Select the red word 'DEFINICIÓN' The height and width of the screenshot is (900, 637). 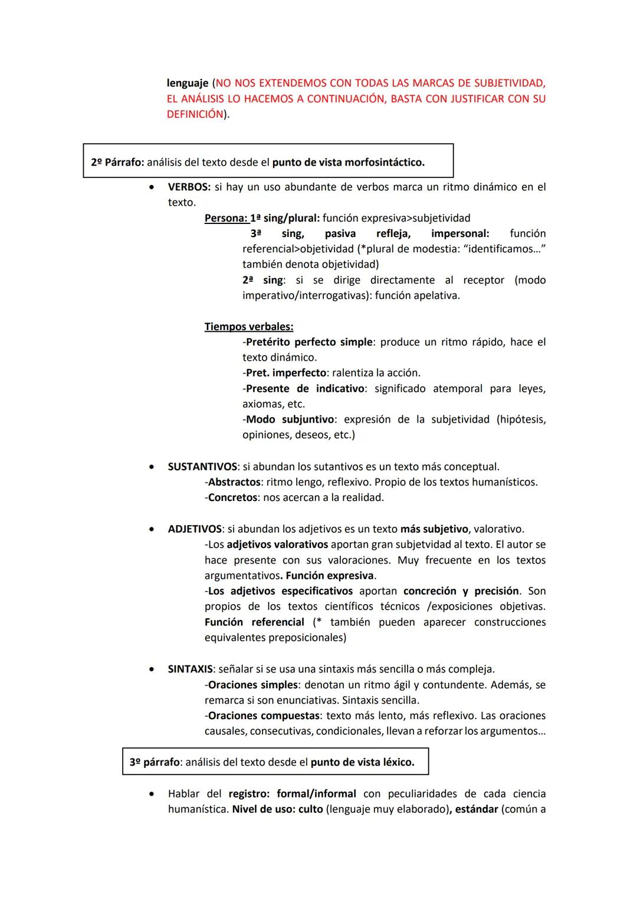coord(195,114)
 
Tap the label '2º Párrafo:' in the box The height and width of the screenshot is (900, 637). coord(117,162)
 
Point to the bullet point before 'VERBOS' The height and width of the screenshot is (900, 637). coord(153,187)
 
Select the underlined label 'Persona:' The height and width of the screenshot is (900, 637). coord(225,218)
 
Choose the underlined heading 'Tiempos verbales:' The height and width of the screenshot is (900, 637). coord(249,327)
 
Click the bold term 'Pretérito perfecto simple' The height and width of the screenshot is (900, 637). coord(309,342)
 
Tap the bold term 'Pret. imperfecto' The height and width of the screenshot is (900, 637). coord(285,373)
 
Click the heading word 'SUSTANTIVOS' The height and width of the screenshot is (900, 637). coord(202,467)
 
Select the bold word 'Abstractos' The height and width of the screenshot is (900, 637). coord(234,482)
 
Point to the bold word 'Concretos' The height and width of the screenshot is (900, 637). coord(232,497)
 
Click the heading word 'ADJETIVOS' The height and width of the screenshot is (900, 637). coord(195,529)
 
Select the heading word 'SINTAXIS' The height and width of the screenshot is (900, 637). coord(190,669)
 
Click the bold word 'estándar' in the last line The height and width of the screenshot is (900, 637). coord(475,809)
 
